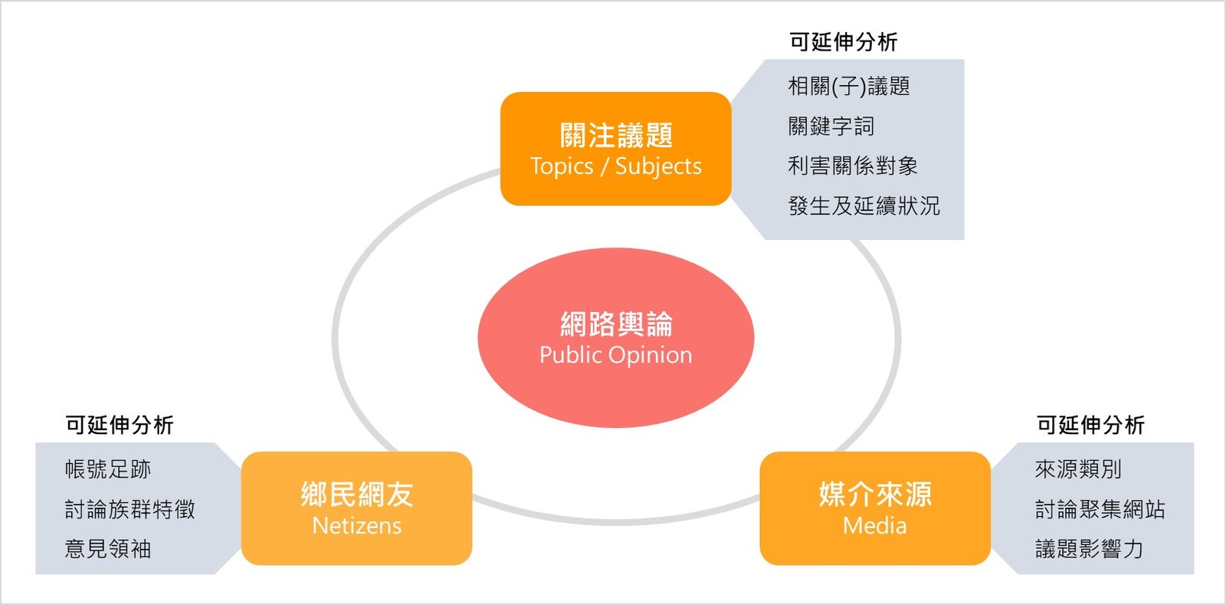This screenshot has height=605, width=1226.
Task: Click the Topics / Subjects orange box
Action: point(615,149)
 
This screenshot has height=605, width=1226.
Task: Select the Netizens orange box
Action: point(356,508)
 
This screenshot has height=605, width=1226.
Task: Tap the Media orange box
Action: point(874,508)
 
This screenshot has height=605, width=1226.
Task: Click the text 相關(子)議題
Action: point(848,86)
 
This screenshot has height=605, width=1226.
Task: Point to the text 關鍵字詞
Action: point(831,126)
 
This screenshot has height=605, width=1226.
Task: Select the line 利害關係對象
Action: point(852,166)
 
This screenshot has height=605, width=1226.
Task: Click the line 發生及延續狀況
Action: point(864,206)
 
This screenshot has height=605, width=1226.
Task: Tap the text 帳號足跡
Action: point(107,469)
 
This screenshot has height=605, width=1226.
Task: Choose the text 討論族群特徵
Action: point(129,509)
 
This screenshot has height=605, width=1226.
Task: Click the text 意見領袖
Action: point(107,549)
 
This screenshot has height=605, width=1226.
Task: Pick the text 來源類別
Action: point(1077,469)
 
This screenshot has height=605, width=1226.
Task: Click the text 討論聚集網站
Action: point(1100,509)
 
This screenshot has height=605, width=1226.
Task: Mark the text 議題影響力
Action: point(1088,549)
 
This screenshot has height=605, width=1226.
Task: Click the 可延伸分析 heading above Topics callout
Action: point(843,42)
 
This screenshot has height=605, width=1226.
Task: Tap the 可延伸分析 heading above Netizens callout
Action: point(119,425)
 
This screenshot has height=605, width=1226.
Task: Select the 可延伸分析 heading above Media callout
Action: point(1090,425)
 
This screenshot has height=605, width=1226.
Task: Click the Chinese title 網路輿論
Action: point(615,324)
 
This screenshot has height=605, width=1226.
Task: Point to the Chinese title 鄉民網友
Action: point(356,495)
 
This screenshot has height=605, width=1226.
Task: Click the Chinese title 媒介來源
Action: point(874,495)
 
